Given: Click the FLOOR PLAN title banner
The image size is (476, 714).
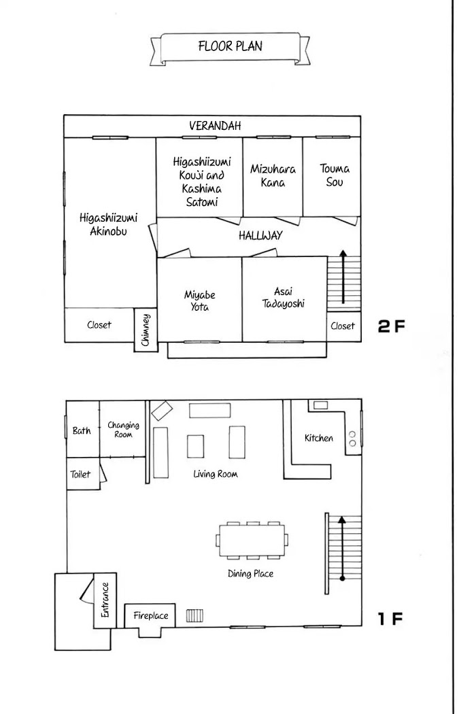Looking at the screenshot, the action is (230, 48).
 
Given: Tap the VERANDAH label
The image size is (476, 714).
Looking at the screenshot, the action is (215, 126).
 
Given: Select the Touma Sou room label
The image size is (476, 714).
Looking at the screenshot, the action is (335, 175).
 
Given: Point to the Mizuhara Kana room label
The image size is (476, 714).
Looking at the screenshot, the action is (273, 175).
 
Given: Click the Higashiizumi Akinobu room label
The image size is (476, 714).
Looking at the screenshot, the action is (108, 224).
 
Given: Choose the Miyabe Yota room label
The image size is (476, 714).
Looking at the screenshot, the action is (199, 301).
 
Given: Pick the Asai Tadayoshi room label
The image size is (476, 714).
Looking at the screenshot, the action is (284, 298).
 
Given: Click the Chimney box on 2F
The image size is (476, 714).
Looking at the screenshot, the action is (146, 330).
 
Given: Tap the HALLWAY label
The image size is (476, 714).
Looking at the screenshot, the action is (260, 235).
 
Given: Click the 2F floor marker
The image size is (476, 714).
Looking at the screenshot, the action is (391, 326).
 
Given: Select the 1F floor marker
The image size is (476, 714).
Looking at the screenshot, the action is (390, 619).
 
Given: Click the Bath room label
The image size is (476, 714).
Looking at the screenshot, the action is (82, 430).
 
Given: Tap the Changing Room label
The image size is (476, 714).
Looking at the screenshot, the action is (124, 429).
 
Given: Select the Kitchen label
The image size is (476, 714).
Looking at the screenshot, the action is (319, 438).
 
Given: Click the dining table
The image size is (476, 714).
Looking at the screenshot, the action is (252, 540).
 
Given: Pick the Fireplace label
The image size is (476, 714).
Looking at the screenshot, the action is (151, 615).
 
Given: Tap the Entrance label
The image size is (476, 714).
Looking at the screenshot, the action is (105, 600).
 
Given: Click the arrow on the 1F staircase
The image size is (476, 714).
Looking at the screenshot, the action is (343, 548).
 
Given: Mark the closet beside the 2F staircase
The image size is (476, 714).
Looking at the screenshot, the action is (344, 326).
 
